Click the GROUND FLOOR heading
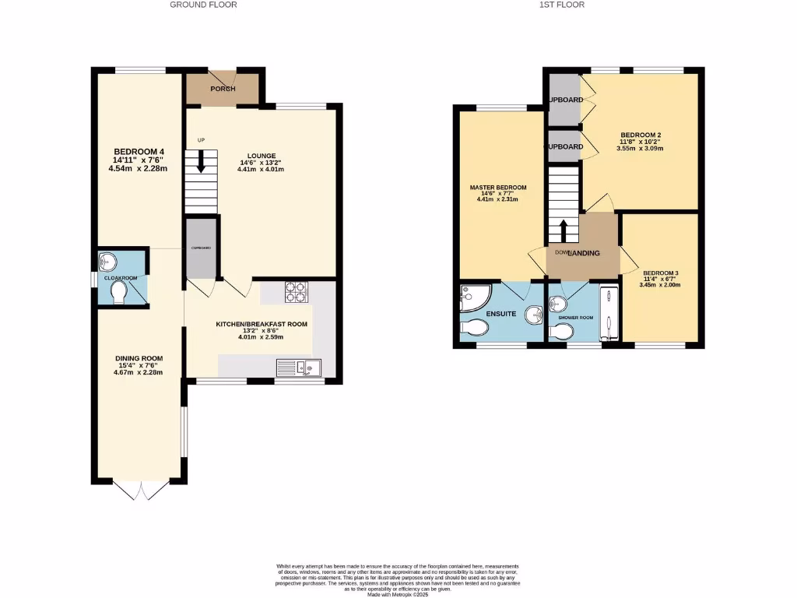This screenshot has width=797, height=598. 203,5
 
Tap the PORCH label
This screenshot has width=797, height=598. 223,89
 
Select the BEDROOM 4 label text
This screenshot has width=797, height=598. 139,151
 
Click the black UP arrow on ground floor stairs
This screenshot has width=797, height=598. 201,162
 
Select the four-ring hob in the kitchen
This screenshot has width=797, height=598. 297,290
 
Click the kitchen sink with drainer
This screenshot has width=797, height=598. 298,368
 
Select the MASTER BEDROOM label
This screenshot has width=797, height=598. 498,188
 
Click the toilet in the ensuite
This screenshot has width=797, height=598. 473,329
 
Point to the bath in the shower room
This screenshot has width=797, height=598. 609,313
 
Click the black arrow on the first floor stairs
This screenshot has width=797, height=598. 564,231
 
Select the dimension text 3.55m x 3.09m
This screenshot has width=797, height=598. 639,148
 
